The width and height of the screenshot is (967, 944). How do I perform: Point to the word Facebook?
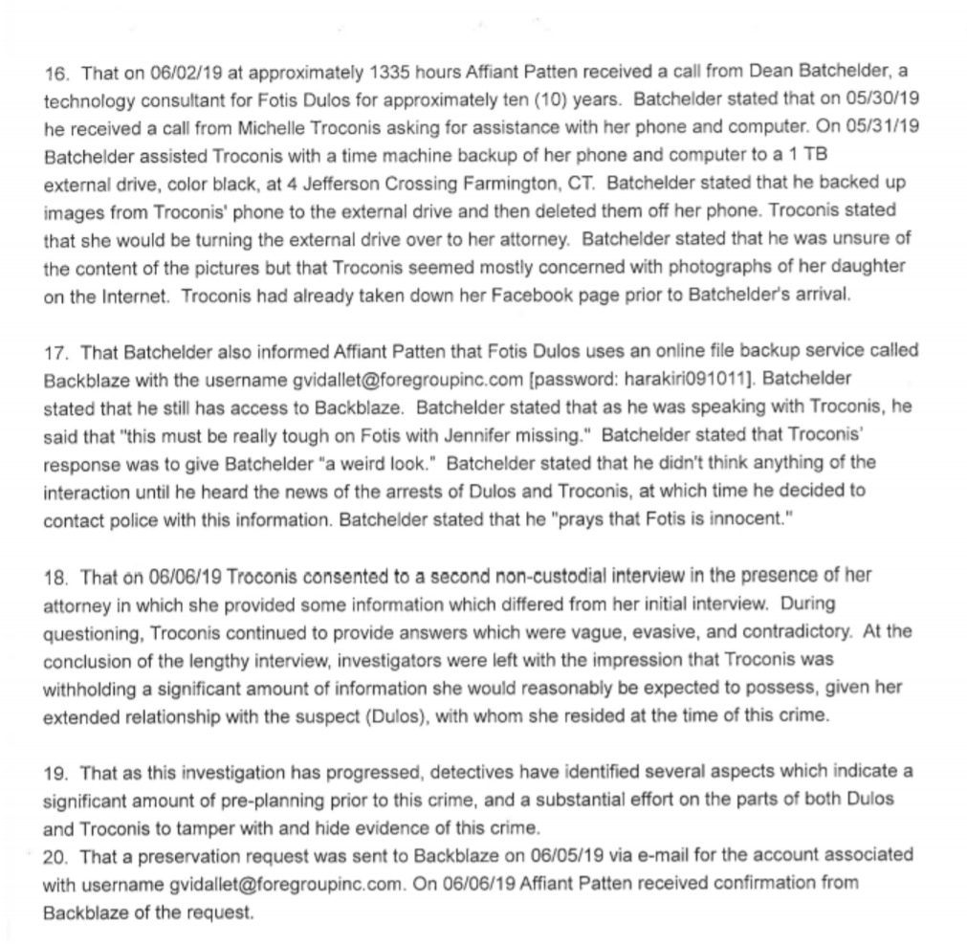[531, 295]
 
